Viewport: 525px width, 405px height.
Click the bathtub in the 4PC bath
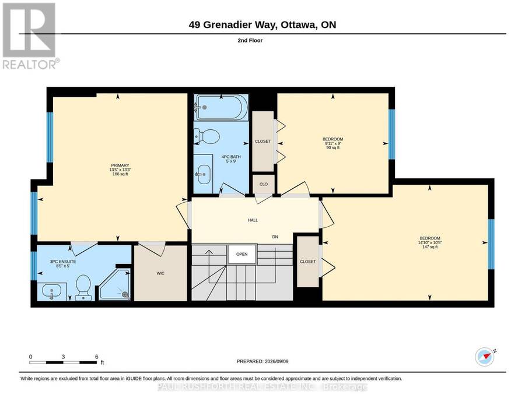click(221, 107)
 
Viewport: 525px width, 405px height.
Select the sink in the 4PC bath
click(204, 174)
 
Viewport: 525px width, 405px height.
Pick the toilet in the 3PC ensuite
click(83, 287)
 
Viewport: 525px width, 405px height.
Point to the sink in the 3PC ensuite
click(51, 291)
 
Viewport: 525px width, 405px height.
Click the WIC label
click(161, 273)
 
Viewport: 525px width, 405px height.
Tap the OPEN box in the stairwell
click(242, 254)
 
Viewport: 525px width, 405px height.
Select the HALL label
click(253, 220)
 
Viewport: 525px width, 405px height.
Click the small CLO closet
click(264, 184)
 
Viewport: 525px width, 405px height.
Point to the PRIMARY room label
click(120, 165)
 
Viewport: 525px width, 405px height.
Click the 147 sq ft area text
click(430, 247)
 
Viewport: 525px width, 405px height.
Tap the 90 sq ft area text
click(333, 147)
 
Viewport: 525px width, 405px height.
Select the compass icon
click(485, 357)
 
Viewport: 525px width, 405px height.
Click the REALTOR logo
click(30, 36)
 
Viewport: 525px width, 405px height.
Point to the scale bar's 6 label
click(96, 357)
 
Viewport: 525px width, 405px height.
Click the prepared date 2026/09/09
click(276, 361)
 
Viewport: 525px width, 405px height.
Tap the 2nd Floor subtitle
click(250, 40)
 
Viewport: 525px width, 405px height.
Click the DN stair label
click(275, 237)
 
